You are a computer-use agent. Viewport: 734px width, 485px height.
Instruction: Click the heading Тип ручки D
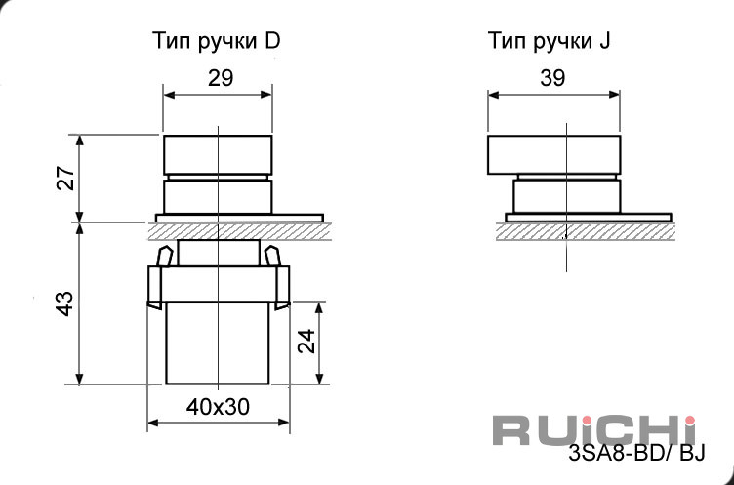[x=217, y=41]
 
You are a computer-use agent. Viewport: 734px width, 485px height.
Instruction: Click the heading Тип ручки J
[x=550, y=41]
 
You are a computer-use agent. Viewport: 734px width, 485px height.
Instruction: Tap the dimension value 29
[x=221, y=78]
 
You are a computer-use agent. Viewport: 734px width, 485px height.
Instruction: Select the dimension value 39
[x=552, y=78]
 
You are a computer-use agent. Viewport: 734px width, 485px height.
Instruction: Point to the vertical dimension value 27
[x=66, y=178]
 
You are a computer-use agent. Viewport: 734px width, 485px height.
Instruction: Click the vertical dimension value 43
[x=65, y=303]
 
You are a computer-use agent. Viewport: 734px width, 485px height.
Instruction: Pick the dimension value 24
[x=307, y=342]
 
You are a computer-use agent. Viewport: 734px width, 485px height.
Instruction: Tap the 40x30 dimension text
[x=218, y=407]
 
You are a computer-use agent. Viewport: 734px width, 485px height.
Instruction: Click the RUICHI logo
[x=594, y=429]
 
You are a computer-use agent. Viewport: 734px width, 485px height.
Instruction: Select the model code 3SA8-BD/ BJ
[x=636, y=453]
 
